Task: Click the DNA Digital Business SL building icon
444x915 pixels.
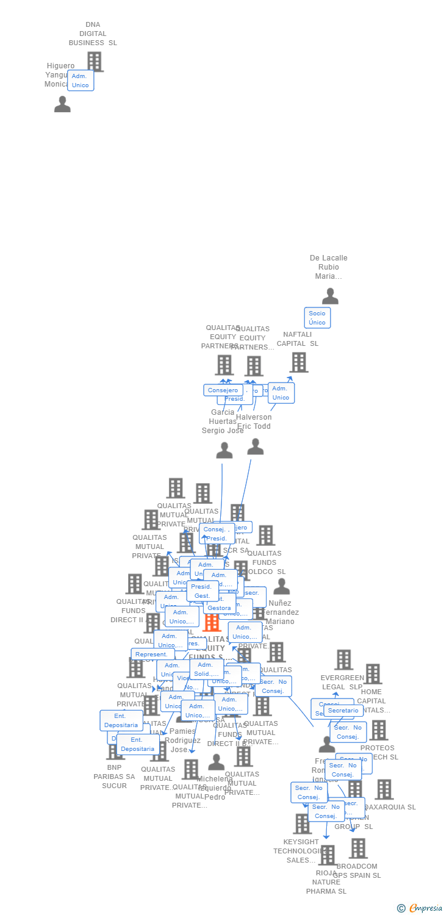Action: coord(95,62)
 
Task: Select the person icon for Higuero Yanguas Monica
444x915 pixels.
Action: coord(62,104)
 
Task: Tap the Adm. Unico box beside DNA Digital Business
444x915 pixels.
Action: coord(81,81)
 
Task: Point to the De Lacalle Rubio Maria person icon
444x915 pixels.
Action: coord(330,296)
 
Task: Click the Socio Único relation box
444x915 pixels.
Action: coord(317,318)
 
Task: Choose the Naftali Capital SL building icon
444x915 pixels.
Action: coord(298,362)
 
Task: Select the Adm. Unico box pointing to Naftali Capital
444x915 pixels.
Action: coord(281,393)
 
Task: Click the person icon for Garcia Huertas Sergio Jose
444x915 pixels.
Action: coord(224,451)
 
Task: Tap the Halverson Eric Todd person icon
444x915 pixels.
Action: coord(256,447)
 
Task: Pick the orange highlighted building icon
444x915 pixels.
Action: coord(212,623)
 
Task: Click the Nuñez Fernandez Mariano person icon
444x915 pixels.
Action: coord(281,587)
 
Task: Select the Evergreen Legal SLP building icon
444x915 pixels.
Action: coord(343,660)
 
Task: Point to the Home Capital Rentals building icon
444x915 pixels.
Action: coord(372,674)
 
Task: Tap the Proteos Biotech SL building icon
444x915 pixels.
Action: coord(378,730)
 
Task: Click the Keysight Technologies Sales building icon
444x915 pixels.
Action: coord(302,824)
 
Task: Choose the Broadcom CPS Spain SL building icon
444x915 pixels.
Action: coord(358,849)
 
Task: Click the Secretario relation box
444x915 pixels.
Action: coord(343,711)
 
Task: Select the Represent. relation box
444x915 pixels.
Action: coord(151,655)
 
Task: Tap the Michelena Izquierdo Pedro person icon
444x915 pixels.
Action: coord(216,762)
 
